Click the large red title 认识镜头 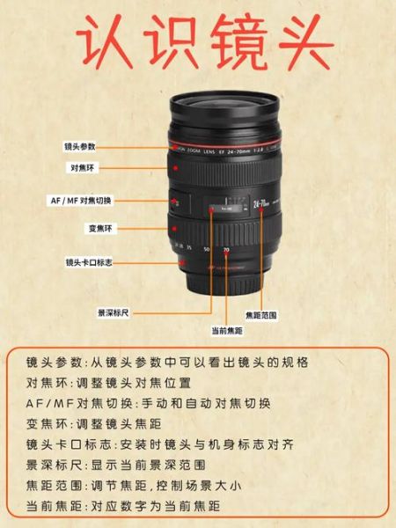[198, 43]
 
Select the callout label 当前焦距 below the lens [226, 331]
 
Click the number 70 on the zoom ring [226, 251]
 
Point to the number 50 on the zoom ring [207, 250]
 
